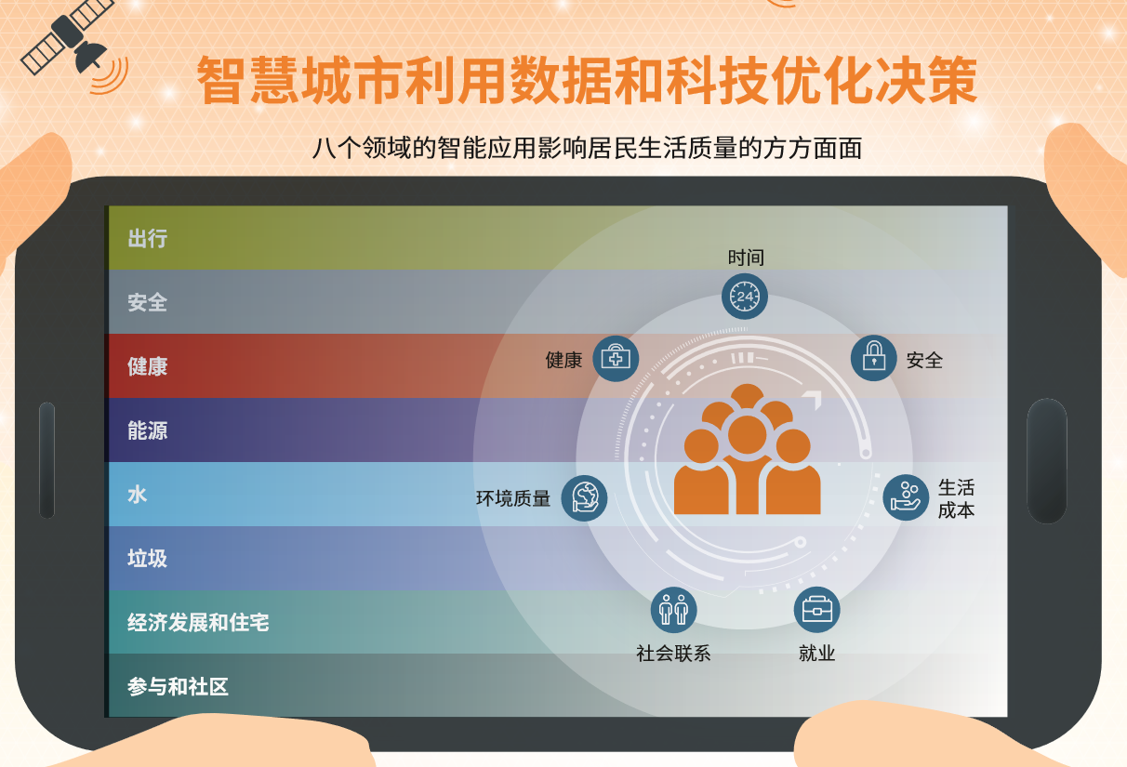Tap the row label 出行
147,239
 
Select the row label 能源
147,430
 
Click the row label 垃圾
147,558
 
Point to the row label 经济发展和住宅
198,622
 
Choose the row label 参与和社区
178,687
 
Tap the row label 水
138,495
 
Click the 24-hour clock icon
745,297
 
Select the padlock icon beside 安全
873,358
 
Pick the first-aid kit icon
616,359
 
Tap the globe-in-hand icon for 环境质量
584,498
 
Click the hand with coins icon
906,497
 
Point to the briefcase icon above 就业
816,610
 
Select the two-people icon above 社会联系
673,610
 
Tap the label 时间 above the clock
746,258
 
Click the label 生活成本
956,498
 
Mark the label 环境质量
513,499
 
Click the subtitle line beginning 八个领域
587,148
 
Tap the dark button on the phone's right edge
1046,460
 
